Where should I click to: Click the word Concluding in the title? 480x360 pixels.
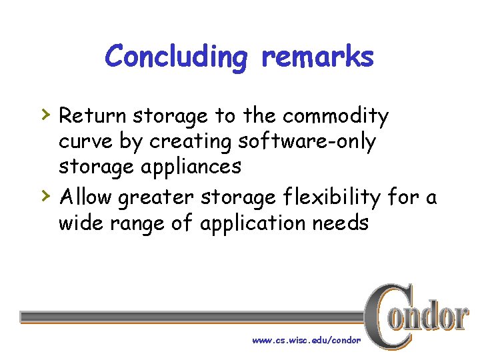click(x=176, y=57)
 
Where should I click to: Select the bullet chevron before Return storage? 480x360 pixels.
click(x=45, y=114)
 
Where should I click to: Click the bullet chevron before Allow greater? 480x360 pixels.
click(x=45, y=195)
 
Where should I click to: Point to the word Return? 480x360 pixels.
click(x=93, y=117)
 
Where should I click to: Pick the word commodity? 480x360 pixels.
click(x=335, y=117)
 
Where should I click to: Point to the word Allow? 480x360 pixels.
click(x=85, y=197)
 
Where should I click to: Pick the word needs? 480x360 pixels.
click(x=341, y=223)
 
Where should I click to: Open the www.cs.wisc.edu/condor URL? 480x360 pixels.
click(x=306, y=340)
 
